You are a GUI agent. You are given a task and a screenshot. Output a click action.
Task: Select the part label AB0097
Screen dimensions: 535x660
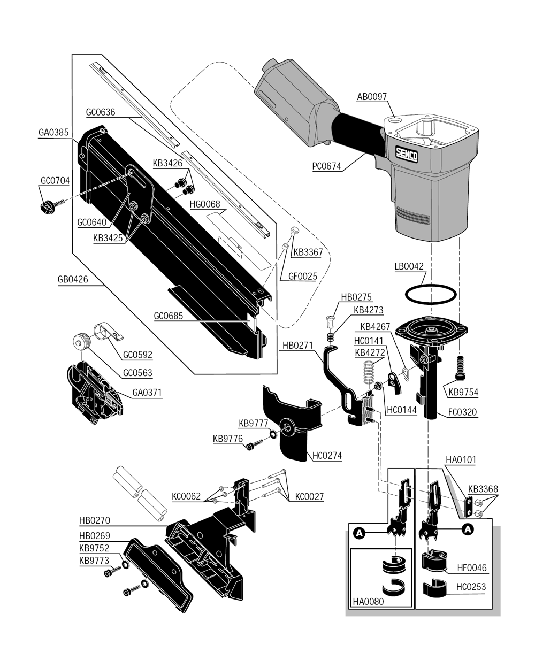[371, 97]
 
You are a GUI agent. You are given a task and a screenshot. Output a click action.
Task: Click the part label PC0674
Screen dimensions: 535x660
[326, 166]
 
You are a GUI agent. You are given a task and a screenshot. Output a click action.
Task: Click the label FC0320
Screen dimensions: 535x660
[463, 412]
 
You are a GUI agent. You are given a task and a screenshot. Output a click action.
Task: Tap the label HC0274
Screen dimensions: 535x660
[327, 456]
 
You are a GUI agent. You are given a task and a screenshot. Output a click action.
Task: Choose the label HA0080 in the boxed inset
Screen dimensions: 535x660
[368, 601]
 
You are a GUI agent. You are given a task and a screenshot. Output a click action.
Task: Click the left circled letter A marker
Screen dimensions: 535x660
[359, 531]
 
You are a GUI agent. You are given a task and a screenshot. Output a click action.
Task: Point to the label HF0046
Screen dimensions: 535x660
[471, 568]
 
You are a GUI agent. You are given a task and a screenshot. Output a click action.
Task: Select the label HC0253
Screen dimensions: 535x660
[471, 587]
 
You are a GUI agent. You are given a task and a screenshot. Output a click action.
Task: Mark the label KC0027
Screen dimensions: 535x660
[309, 497]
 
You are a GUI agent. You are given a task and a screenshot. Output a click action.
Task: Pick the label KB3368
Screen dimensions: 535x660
[483, 489]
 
